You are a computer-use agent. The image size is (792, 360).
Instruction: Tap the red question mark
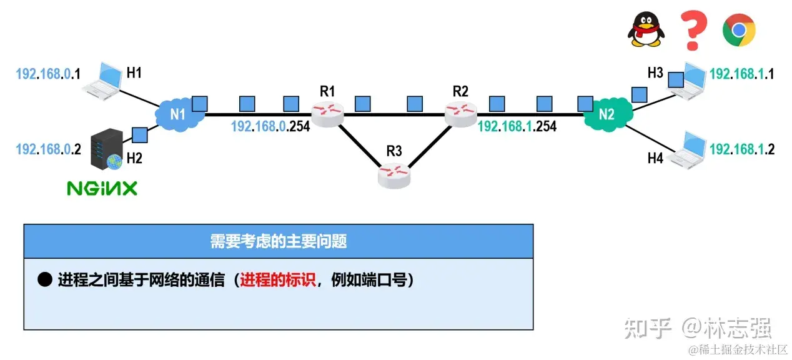(x=693, y=30)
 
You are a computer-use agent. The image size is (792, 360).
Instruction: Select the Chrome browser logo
(x=740, y=30)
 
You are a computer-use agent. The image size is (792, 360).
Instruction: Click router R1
(x=328, y=114)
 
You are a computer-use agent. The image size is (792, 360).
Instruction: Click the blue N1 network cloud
(x=179, y=114)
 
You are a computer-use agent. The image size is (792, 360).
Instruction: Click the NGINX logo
(x=102, y=188)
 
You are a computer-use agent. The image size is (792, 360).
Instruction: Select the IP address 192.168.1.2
(x=742, y=149)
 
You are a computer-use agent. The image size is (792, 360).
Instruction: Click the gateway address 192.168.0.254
(x=270, y=126)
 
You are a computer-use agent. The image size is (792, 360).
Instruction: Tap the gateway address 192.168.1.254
(x=517, y=126)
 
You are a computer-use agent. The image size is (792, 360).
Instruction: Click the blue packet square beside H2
(x=139, y=134)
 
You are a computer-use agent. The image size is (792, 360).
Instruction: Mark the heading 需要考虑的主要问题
(x=279, y=241)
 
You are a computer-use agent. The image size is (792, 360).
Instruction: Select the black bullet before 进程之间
(x=44, y=280)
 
